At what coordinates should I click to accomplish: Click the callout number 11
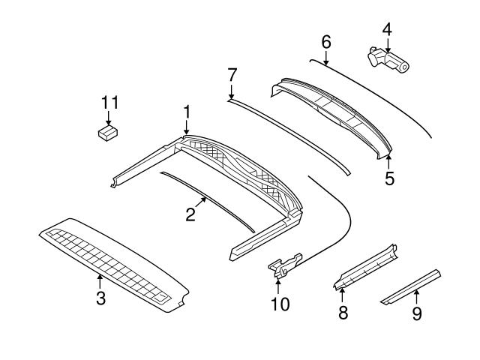(x=110, y=102)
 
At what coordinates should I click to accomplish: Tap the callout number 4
(x=387, y=30)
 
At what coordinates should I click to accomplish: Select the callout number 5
(x=389, y=178)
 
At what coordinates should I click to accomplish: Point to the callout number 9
(x=417, y=313)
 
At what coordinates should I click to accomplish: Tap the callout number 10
(x=279, y=304)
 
